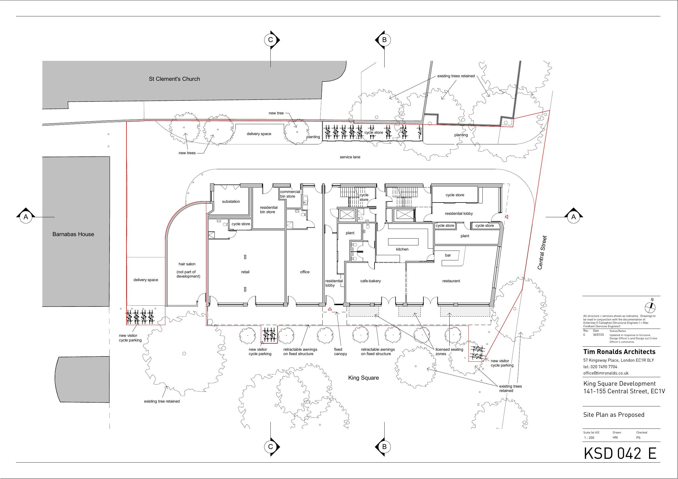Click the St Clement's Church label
[174, 79]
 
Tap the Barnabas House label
[73, 234]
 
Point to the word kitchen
[402, 249]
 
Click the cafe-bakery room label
[370, 281]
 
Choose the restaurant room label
[451, 281]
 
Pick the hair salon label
[187, 264]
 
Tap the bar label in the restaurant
[448, 255]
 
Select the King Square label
[363, 378]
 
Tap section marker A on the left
[26, 217]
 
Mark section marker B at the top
[384, 40]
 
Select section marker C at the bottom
[270, 447]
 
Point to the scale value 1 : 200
[589, 438]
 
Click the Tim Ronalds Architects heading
[619, 352]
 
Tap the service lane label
[350, 157]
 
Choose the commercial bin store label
[290, 194]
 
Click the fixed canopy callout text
[340, 352]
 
